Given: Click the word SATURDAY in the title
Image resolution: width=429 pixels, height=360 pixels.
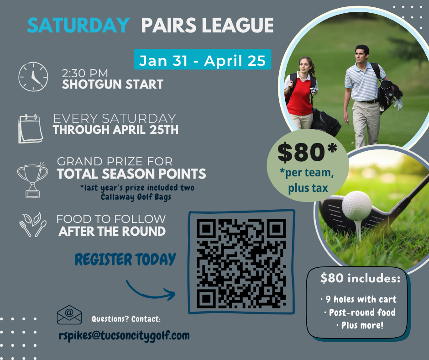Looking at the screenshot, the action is coord(78,25).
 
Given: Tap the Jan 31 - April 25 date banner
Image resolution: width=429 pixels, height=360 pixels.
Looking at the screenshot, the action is coord(202,59).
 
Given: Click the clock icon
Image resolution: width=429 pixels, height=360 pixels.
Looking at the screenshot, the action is coord(33,76).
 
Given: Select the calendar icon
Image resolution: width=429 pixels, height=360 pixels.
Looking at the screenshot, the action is coord(31,128).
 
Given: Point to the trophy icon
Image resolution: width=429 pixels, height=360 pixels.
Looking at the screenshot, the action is coord(32,180).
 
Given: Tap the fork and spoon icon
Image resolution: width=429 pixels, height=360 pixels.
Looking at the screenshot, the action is coord(33,225).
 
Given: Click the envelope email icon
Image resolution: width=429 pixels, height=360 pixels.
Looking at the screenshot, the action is coord(69,315).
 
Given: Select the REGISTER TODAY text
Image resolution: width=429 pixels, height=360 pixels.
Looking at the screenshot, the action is coord(125,259).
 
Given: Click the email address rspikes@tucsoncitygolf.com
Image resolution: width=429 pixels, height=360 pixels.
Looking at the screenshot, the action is coord(124,336).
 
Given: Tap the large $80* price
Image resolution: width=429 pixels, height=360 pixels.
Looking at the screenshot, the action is coord(307,152).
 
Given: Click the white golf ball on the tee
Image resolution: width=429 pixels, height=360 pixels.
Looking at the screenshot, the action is coord(356,206).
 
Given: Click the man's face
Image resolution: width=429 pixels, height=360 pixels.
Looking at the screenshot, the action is coord(362,55).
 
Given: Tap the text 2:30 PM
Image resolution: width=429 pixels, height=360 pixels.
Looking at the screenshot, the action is coord(85,74).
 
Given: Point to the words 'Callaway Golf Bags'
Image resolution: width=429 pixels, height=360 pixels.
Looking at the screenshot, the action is coord(136,197).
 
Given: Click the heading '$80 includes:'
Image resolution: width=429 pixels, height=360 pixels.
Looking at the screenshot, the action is coord(361,278).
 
